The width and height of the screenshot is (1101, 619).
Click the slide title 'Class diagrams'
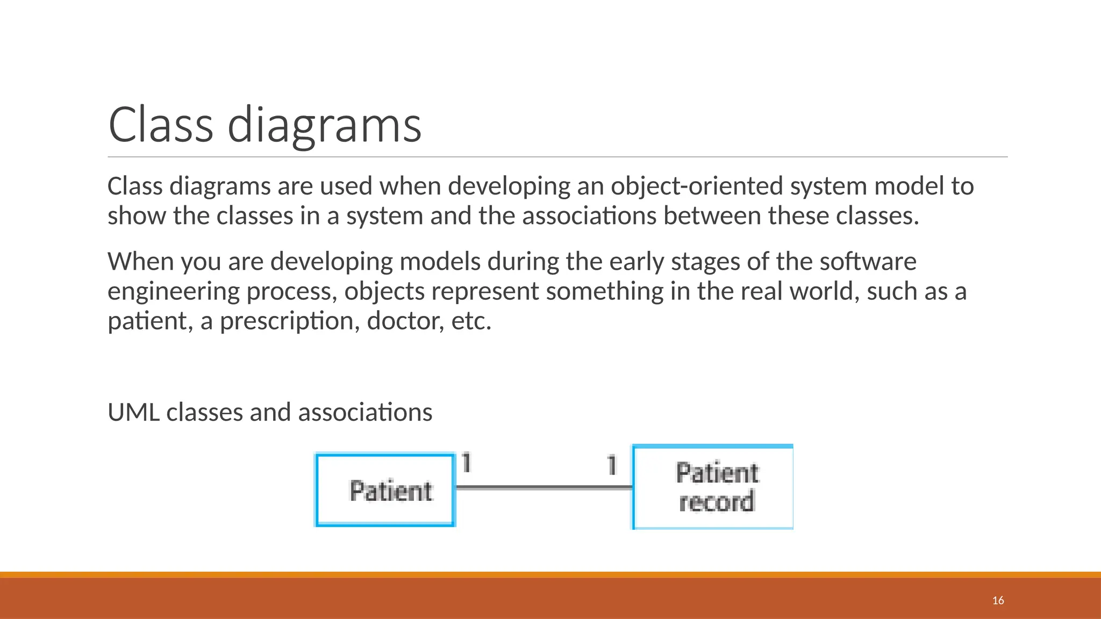[264, 125]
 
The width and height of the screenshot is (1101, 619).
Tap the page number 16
[998, 600]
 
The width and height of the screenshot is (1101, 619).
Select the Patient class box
[385, 490]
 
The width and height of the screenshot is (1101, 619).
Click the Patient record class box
[713, 487]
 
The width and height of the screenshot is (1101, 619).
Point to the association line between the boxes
[543, 487]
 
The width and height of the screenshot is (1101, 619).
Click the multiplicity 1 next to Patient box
[466, 463]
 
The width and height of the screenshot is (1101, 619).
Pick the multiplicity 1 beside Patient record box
[612, 465]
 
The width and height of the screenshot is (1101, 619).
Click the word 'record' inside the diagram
[717, 502]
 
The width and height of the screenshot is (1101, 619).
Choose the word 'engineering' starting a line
[174, 292]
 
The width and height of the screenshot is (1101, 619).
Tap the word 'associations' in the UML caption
[365, 413]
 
